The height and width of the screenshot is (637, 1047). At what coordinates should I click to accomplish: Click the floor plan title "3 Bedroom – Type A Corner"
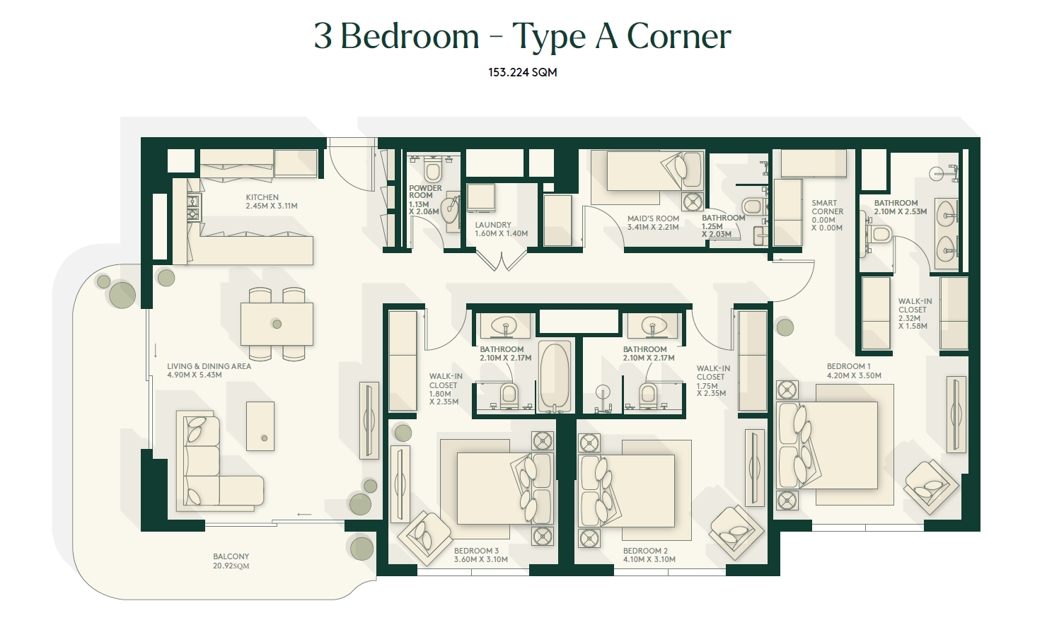[523, 37]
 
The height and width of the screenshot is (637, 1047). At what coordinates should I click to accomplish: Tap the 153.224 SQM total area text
[523, 72]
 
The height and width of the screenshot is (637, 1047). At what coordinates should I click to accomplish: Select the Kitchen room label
[272, 201]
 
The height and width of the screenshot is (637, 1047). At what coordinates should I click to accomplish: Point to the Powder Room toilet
[433, 169]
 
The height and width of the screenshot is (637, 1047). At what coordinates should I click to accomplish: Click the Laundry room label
[501, 229]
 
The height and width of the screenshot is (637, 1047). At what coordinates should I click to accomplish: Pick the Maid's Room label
[653, 222]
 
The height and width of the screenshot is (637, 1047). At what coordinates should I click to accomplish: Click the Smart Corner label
[827, 216]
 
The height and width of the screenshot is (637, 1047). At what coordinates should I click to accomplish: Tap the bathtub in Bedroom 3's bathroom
[555, 376]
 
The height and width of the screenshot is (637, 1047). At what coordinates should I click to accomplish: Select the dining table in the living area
[277, 324]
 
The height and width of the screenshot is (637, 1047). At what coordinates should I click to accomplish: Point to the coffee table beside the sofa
[260, 426]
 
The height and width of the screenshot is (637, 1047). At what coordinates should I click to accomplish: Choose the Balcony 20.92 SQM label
[231, 561]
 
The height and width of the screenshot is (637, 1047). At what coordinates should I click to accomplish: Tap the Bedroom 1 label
[848, 367]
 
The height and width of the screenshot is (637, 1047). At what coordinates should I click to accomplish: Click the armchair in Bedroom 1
[931, 487]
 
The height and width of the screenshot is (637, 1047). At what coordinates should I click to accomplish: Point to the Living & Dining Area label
[209, 370]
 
